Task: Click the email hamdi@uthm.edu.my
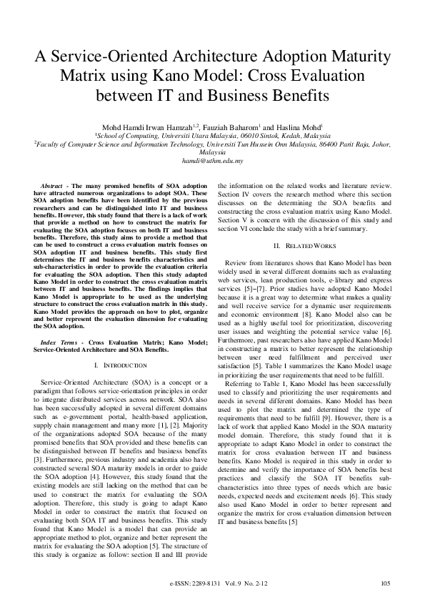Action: click(x=212, y=161)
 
